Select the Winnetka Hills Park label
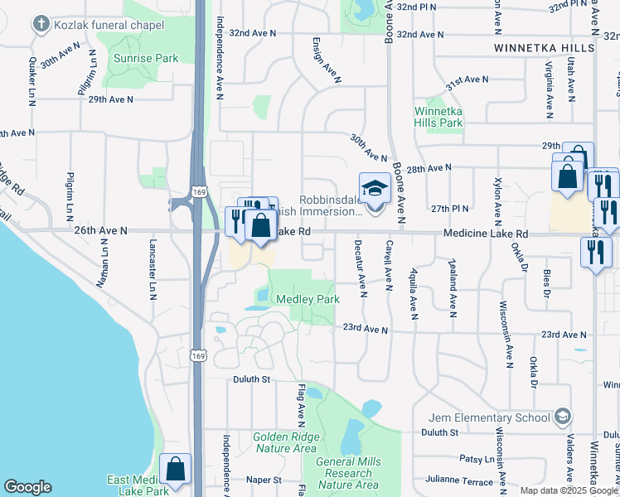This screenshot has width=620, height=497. (x=438, y=117)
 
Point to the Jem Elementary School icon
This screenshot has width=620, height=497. (x=564, y=416)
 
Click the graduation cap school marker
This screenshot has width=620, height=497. (x=375, y=188)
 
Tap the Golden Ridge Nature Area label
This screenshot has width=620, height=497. (x=284, y=442)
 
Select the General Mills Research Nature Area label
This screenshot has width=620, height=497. (x=348, y=473)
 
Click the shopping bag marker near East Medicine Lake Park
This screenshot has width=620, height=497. (x=176, y=470)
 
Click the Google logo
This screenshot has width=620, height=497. (x=27, y=487)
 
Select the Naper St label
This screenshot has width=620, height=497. (x=264, y=480)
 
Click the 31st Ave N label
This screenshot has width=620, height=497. (x=467, y=80)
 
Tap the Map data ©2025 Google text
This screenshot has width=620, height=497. (x=569, y=490)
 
